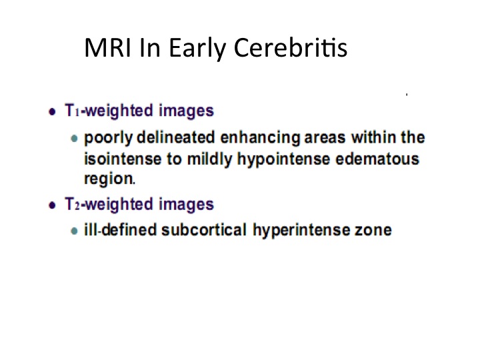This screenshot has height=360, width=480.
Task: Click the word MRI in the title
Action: pos(108,47)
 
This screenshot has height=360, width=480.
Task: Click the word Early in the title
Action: pos(197,49)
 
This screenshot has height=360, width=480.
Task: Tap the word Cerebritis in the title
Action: pos(291,47)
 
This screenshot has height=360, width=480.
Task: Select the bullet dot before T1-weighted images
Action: pos(53,112)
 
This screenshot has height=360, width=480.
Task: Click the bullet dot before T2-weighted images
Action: pos(53,205)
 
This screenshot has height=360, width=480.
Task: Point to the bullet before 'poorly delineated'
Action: pos(74,139)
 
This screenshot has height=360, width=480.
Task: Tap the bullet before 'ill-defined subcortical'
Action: pos(74,231)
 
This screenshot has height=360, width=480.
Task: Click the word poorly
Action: pos(109,139)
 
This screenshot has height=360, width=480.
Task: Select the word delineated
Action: pos(176,137)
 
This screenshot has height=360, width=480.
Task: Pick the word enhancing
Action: pos(260,139)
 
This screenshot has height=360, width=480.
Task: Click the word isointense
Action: pos(123,159)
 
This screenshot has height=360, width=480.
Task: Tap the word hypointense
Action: pos(284,160)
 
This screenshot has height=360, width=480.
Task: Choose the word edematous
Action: pos(377,159)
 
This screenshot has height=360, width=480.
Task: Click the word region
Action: pos(109,179)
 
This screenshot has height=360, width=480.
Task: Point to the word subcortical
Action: pos(204,230)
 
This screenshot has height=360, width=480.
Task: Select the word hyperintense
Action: pos(301,231)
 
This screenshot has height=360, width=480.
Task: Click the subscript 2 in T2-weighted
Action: pos(77,206)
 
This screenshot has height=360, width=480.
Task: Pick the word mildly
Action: pos(210,160)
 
